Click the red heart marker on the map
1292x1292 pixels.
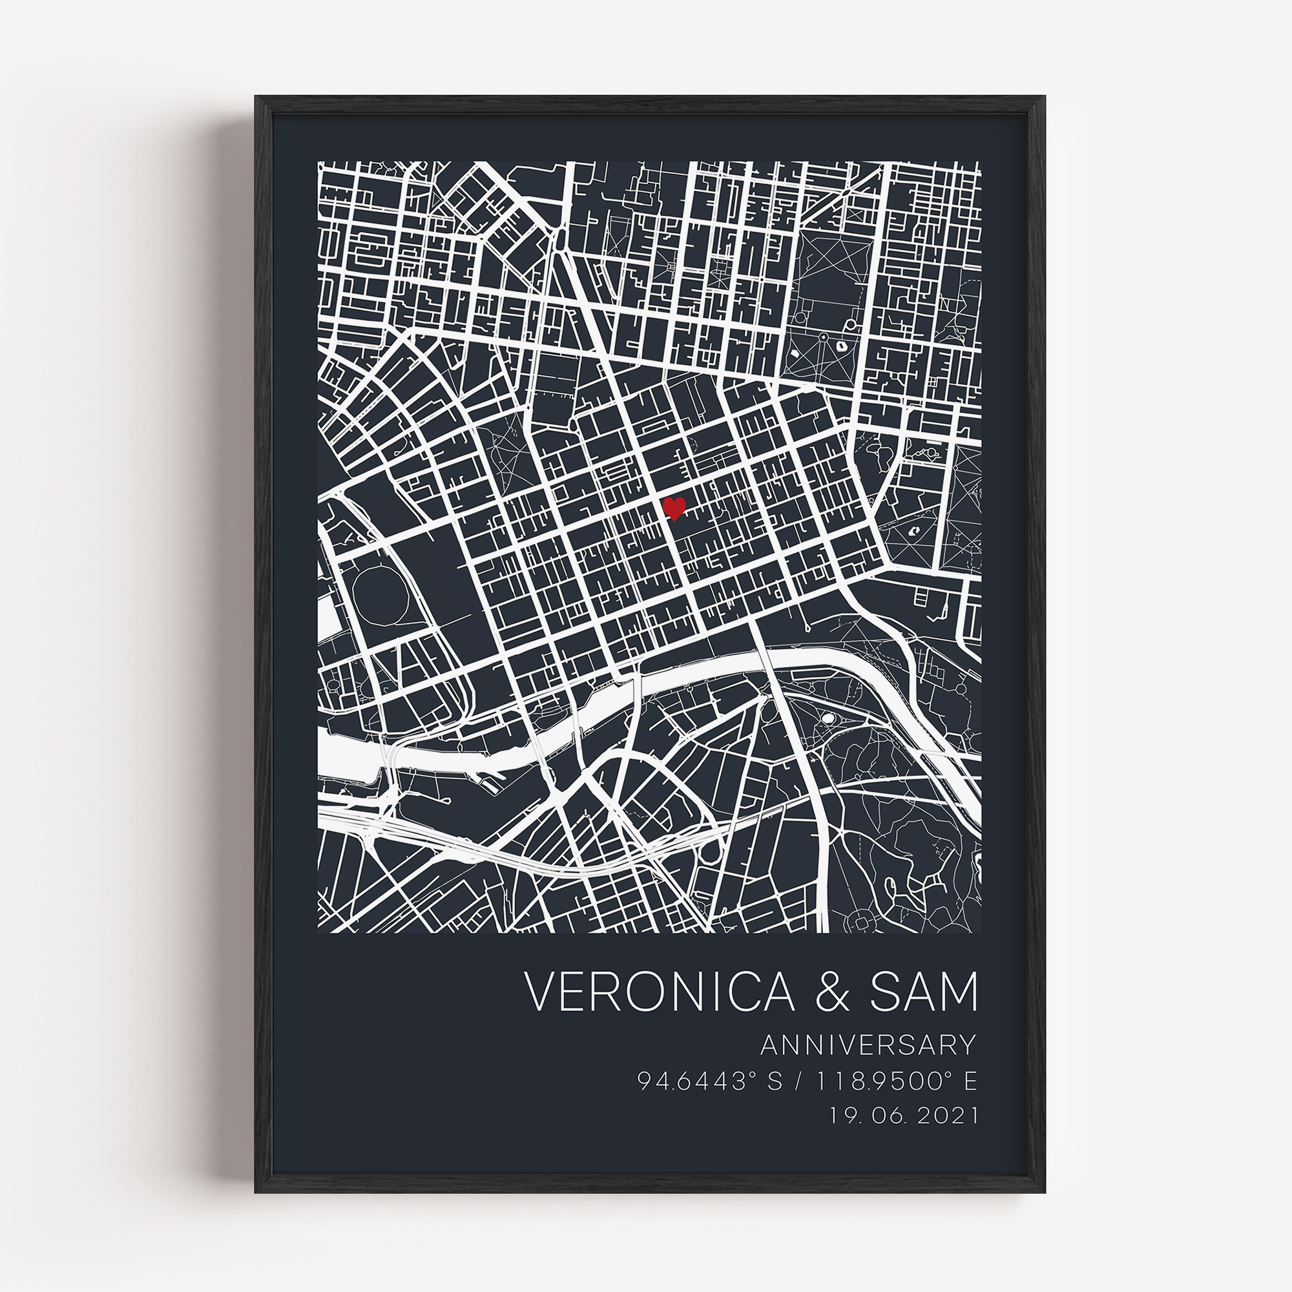[674, 508]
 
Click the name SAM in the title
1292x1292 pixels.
[923, 992]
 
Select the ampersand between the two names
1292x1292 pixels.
[832, 992]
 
